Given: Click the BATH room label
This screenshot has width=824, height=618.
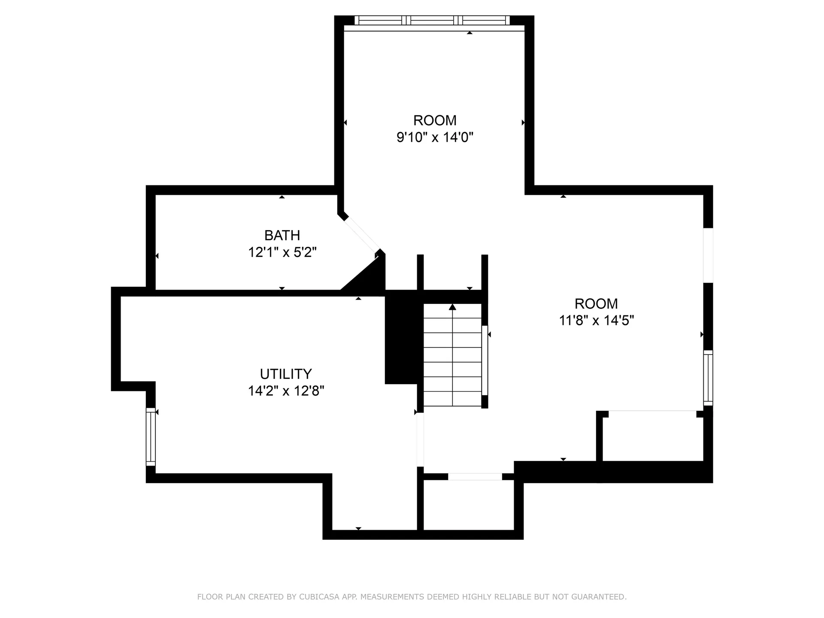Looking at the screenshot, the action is click(282, 235).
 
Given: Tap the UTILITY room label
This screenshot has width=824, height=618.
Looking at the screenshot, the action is click(286, 374).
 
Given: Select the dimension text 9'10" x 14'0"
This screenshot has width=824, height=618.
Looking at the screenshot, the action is click(435, 137).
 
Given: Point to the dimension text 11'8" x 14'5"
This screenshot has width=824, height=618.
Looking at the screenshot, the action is click(597, 320).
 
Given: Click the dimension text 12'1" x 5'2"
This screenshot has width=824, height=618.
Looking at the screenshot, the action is click(282, 252).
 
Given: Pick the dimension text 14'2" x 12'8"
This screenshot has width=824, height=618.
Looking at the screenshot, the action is click(286, 391).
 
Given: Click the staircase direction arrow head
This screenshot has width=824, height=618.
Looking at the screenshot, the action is click(452, 307).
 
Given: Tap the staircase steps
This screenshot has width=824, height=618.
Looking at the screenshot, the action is click(452, 355).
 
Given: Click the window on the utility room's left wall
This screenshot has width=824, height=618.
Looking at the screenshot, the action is click(151, 436).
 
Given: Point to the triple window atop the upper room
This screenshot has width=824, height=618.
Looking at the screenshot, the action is click(432, 20).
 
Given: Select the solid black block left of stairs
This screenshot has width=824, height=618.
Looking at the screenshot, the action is click(401, 337).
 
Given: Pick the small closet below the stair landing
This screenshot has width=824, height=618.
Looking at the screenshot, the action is click(469, 505).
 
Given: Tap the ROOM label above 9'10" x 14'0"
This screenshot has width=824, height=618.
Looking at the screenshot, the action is click(435, 120).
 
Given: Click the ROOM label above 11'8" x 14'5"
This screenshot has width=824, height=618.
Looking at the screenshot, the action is click(596, 303).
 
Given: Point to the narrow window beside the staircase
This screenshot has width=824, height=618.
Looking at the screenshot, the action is click(485, 360).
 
